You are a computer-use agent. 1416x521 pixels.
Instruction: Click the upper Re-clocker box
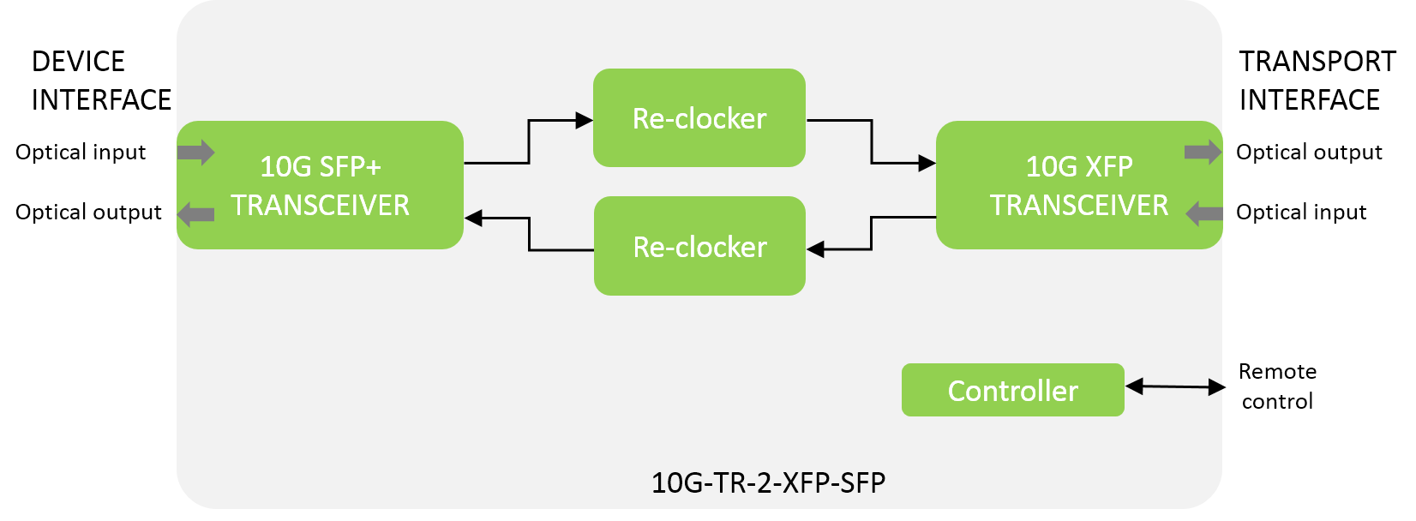click(699, 118)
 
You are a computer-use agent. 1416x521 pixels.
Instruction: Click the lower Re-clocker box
click(699, 247)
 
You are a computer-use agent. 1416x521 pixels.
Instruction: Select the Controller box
click(1012, 391)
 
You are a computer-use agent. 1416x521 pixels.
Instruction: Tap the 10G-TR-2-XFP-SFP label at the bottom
click(768, 482)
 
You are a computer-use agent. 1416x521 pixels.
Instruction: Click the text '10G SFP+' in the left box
click(320, 166)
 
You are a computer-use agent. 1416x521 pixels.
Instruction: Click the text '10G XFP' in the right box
click(1079, 166)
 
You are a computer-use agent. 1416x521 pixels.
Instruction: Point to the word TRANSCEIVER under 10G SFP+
click(320, 206)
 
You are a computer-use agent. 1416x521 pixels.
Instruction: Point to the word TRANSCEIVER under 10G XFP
click(1079, 206)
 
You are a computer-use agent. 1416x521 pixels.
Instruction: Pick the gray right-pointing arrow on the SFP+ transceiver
click(195, 153)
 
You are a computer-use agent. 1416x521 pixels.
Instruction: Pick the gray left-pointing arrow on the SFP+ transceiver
click(195, 214)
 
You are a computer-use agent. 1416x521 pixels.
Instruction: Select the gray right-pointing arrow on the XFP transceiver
click(1203, 153)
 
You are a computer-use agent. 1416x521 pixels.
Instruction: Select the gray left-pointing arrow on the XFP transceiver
click(1203, 213)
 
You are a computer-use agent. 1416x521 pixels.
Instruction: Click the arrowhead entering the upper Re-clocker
click(585, 121)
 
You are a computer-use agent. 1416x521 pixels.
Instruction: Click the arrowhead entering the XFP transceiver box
click(927, 162)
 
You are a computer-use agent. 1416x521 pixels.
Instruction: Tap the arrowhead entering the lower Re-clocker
click(815, 249)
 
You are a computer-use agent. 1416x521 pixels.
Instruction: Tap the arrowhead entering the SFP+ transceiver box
click(473, 219)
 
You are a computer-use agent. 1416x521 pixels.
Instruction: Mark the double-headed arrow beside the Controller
click(1173, 387)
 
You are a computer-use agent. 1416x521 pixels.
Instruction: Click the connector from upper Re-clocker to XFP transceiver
click(872, 141)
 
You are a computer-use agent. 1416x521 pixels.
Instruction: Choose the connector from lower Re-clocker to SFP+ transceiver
click(530, 235)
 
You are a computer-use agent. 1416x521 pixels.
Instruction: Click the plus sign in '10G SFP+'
click(372, 168)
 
